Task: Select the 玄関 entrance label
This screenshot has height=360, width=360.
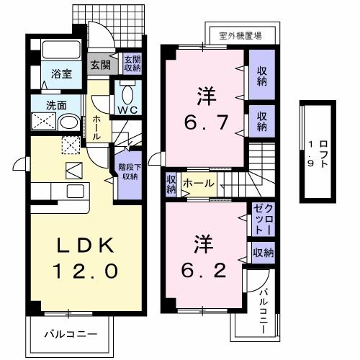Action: point(99,63)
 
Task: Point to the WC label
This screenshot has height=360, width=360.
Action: point(129,110)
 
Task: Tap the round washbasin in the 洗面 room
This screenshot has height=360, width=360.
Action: point(68,122)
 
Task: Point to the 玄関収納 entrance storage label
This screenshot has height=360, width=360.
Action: point(132,63)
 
